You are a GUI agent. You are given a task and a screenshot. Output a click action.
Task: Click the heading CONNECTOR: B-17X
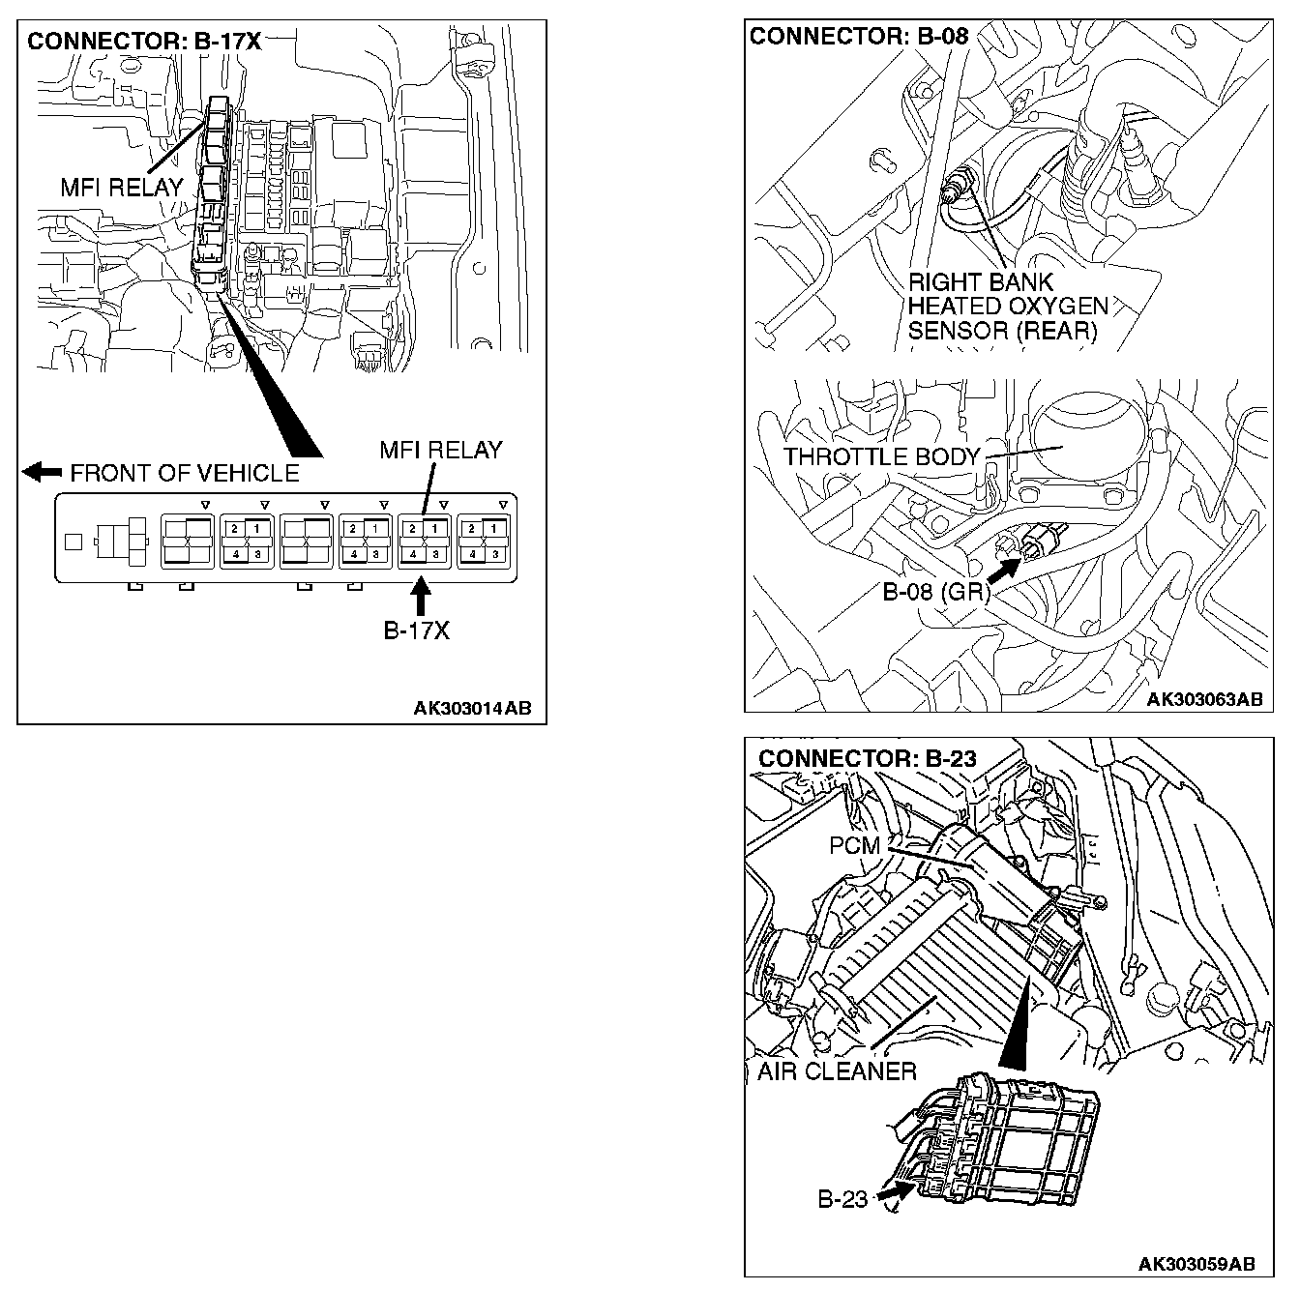click(x=144, y=42)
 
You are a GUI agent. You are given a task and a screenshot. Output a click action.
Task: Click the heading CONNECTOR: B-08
click(x=858, y=37)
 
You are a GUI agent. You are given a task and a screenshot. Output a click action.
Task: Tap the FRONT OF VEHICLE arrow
click(x=42, y=472)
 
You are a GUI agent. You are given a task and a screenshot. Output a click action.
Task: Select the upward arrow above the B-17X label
click(x=420, y=596)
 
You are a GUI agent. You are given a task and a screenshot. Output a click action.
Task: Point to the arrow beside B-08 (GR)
click(x=1003, y=570)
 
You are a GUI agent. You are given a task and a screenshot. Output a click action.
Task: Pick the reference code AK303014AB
click(x=472, y=708)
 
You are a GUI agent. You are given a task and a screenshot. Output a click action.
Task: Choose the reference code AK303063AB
click(x=1205, y=699)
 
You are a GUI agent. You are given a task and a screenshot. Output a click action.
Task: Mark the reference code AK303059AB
click(x=1197, y=1264)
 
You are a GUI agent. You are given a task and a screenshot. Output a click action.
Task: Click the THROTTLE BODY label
click(x=881, y=456)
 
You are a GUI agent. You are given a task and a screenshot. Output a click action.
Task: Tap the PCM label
click(x=855, y=845)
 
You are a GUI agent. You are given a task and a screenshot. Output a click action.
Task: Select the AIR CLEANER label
click(x=837, y=1071)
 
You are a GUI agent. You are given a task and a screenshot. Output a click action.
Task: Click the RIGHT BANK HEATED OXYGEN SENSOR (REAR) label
click(x=1006, y=307)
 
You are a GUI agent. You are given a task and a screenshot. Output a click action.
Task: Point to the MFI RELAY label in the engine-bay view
click(x=122, y=188)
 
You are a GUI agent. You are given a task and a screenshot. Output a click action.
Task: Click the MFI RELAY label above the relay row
click(x=441, y=450)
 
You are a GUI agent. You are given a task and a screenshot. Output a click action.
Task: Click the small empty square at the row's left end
click(x=73, y=542)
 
